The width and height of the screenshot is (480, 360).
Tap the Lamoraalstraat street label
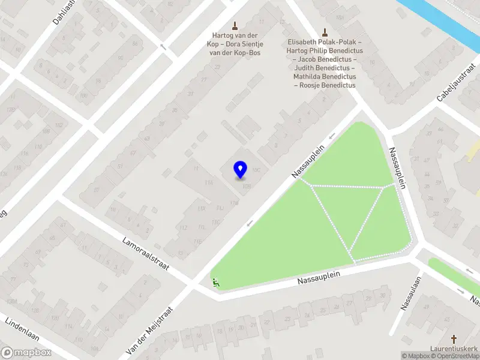point(145,254)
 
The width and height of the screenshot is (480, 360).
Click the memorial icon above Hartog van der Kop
point(235,25)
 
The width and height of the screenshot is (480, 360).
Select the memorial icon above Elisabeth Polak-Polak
point(325,32)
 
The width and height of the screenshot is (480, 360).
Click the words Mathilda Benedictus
point(325,77)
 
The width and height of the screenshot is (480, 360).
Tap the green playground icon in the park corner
point(215,281)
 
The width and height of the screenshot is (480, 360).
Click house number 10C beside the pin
point(256,170)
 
